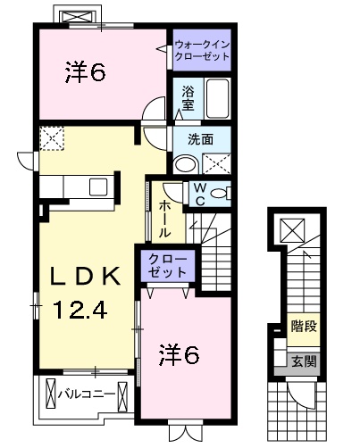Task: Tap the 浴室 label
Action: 188,97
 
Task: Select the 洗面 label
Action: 199,139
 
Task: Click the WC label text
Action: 199,194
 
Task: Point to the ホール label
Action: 166,218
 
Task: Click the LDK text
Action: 84,278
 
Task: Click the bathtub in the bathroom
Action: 218,96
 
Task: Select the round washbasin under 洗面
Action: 187,163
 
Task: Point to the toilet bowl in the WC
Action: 222,193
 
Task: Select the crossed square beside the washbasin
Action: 214,163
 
